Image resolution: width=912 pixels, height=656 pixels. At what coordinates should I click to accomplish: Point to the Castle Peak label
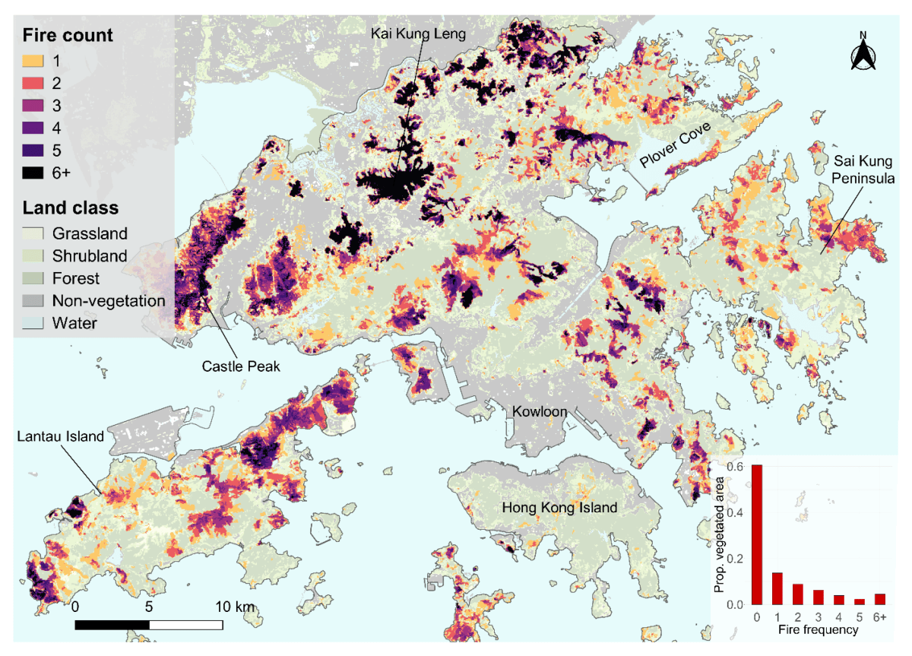[x=241, y=366]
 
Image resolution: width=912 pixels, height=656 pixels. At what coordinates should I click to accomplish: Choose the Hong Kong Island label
[x=558, y=507]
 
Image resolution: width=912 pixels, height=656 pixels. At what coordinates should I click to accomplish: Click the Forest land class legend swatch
[x=34, y=279]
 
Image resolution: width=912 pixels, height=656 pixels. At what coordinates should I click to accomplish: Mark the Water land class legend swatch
[x=34, y=323]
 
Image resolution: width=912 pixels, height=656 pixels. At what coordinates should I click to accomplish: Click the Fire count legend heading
[x=68, y=35]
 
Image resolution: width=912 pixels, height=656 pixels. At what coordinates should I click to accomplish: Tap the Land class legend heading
[x=70, y=208]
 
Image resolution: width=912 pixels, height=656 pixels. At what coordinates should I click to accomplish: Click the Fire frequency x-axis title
[x=818, y=630]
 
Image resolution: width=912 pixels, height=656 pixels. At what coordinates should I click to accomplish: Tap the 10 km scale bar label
[x=234, y=607]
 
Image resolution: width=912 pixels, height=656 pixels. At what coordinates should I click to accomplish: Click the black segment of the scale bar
[x=112, y=625]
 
